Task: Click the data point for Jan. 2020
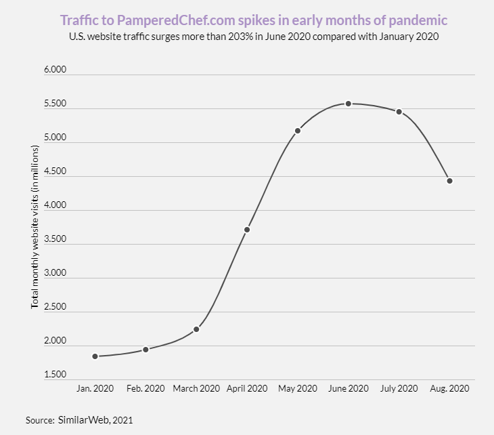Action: coord(95,356)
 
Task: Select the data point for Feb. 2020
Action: coord(145,350)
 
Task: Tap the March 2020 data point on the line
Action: coord(196,329)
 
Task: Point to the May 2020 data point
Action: coord(298,130)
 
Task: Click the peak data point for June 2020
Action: coord(349,104)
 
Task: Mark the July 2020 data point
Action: coord(399,112)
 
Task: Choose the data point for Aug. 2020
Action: coord(449,181)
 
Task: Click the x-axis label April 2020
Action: coord(247,389)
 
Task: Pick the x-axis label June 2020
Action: coord(349,389)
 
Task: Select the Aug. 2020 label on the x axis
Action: coord(449,389)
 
